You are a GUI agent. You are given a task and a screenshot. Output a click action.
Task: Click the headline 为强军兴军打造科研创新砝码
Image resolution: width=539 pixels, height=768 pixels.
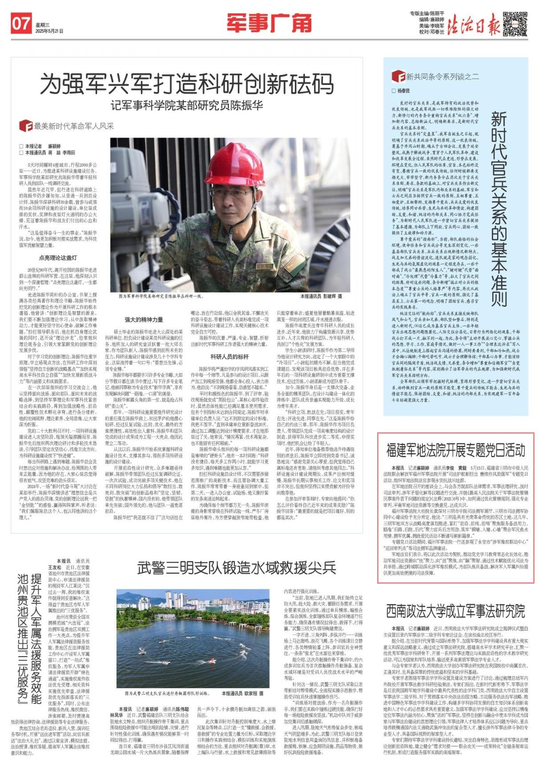point(187,83)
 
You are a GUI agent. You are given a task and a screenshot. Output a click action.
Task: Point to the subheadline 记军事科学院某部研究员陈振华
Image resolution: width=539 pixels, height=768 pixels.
point(187,106)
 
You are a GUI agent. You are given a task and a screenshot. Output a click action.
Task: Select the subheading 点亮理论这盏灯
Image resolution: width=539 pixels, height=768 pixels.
point(58,258)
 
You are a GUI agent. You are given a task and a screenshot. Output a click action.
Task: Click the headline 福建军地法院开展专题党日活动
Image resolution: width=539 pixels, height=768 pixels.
point(455,451)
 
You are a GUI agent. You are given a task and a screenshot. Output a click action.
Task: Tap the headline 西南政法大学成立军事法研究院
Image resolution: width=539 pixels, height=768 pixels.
point(455,611)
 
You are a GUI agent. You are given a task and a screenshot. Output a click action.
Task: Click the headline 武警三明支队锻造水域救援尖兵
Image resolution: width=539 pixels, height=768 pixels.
point(236,567)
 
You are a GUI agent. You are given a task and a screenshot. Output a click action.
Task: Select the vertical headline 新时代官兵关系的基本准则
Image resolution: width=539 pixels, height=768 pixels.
point(499,209)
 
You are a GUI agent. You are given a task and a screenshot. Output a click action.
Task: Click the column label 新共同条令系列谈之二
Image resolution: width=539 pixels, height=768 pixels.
point(442,77)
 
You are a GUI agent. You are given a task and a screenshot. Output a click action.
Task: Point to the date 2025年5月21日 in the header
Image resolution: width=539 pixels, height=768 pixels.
point(49,31)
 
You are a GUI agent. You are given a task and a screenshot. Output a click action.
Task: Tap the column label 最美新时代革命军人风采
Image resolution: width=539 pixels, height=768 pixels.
point(73,126)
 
